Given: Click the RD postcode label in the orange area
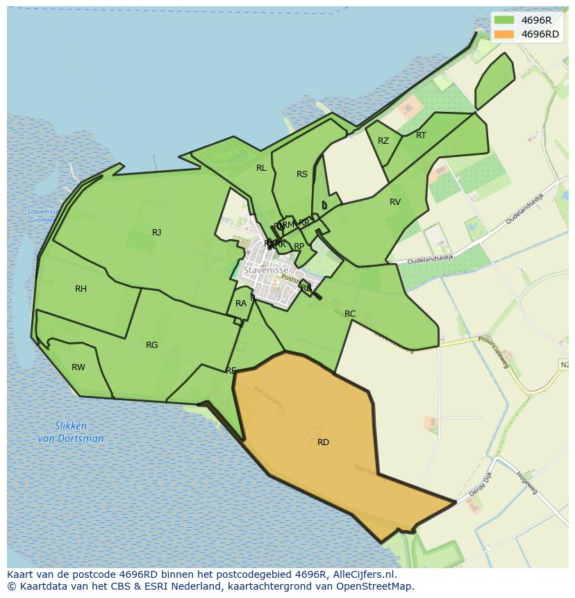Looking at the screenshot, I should point(323,442).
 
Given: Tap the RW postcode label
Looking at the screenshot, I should point(78,367).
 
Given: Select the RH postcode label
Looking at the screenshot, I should point(81,289).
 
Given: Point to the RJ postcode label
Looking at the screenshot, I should point(156,233).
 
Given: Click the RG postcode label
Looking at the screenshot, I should point(151,345).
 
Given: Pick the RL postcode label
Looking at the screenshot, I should point(261,168).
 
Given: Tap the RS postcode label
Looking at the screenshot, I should point(301,174).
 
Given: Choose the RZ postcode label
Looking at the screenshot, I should point(383,141).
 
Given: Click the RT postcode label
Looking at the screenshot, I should point(421,135).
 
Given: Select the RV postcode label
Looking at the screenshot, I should point(395,202).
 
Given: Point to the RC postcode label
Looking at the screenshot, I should point(350,314).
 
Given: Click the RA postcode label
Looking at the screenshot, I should point(241,304).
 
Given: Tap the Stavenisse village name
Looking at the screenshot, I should point(265,269).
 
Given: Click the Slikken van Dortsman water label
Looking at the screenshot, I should point(70,432).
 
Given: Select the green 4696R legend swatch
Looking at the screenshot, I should point(504,20).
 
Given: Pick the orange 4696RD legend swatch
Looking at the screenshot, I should point(504,34).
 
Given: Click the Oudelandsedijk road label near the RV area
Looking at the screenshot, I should point(430,258).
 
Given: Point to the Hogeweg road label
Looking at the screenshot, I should point(527,483).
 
